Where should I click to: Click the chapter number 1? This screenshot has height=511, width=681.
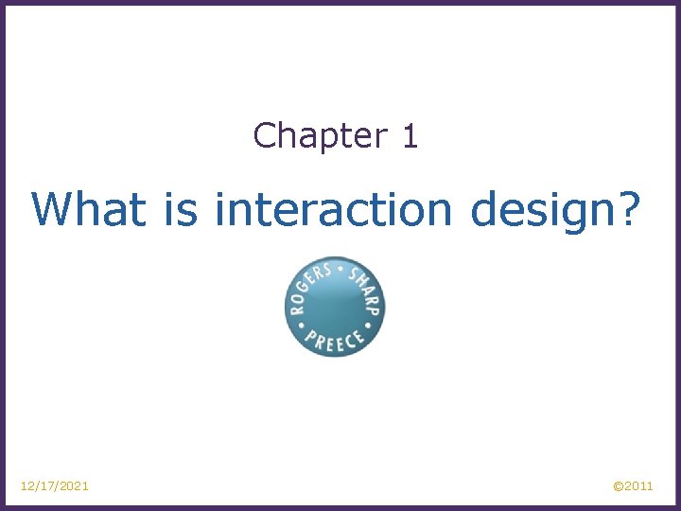click(410, 136)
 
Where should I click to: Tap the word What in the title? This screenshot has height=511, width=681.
click(89, 208)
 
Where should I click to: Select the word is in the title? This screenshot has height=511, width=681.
click(181, 208)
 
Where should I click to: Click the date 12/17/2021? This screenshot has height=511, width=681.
click(55, 485)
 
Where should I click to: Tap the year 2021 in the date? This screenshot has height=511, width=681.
click(74, 485)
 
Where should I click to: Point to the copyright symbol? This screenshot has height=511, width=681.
click(619, 486)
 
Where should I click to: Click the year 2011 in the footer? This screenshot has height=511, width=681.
click(639, 486)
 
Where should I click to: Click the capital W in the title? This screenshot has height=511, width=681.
click(52, 208)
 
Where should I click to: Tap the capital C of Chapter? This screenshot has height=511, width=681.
click(264, 136)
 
